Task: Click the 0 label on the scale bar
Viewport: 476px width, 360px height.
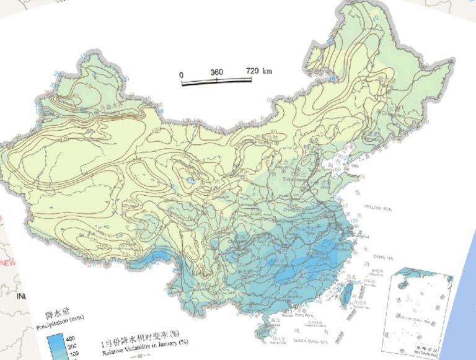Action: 181,74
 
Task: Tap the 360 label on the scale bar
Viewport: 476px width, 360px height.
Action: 216,72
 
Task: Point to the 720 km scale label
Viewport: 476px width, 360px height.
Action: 258,71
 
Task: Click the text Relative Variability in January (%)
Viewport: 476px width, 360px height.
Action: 144,350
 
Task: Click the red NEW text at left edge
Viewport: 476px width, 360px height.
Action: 7,263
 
